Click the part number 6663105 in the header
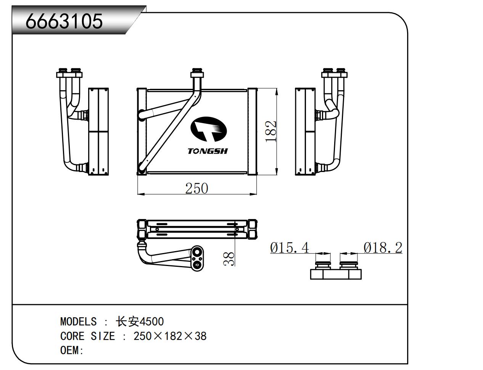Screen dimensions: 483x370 pos(64,21)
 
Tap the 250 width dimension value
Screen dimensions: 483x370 pos(196,188)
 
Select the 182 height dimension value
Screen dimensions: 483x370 pos(270,131)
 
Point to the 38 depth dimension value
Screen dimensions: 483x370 pos(229,259)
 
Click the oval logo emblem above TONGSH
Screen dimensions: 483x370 pos(209,129)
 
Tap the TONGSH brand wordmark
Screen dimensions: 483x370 pos(208,151)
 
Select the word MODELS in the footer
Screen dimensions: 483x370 pos(78,321)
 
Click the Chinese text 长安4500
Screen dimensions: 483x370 pos(140,321)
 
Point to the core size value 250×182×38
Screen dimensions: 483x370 pos(170,336)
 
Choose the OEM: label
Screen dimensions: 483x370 pos(72,350)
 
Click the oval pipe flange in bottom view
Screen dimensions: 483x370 pos(197,258)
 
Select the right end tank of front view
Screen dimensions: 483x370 pos(253,131)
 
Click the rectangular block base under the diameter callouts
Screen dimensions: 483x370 pos(336,274)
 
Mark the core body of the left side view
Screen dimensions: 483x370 pos(98,131)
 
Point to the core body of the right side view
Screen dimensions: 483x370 pos(305,131)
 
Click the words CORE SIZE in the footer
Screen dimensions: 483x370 pos(88,336)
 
